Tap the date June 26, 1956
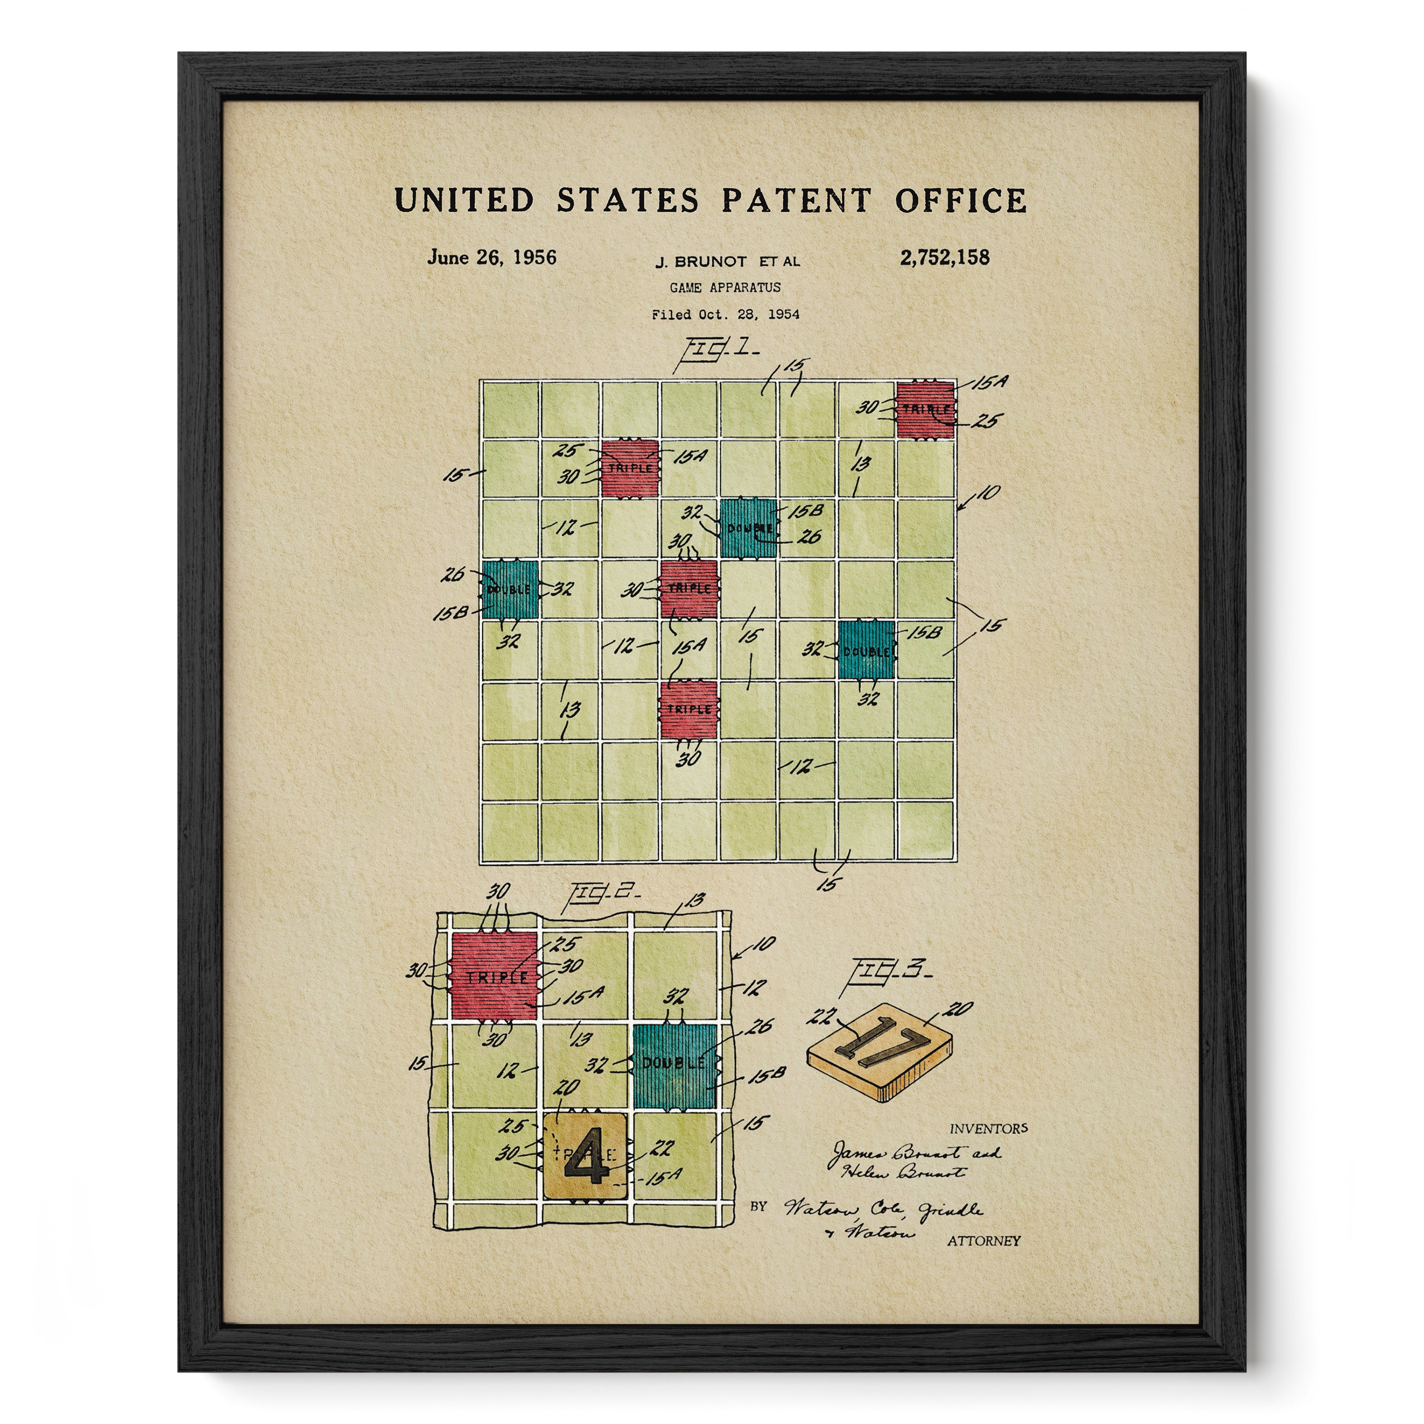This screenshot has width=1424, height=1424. click(492, 257)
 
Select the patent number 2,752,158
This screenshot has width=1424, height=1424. click(944, 257)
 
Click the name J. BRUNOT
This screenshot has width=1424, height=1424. click(700, 261)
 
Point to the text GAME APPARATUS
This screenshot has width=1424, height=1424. click(724, 288)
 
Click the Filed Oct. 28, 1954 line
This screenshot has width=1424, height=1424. click(724, 314)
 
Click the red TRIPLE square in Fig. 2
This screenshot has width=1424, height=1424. click(493, 976)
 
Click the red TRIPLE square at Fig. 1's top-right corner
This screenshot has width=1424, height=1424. click(925, 410)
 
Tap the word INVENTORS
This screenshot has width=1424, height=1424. click(988, 1128)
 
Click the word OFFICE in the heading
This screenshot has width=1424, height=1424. click(960, 200)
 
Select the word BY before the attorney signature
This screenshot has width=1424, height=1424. click(759, 1207)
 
